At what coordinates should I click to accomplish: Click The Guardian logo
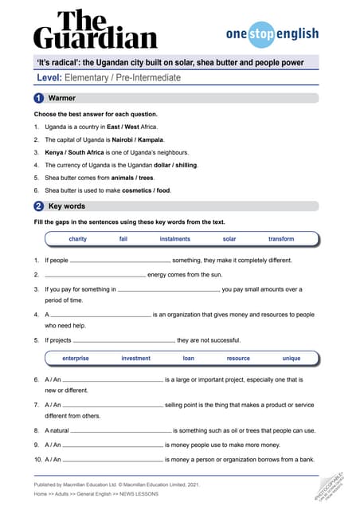click(95, 30)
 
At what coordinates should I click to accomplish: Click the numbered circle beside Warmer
click(38, 98)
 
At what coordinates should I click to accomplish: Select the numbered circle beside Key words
click(38, 206)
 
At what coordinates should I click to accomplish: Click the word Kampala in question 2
click(148, 139)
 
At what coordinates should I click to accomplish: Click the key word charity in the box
click(78, 239)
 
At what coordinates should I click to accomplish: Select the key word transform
click(281, 239)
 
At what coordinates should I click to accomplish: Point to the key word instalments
click(175, 239)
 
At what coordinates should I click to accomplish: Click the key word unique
click(291, 359)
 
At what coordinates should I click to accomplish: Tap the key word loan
click(188, 359)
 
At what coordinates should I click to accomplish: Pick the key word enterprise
click(76, 359)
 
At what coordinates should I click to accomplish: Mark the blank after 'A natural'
click(123, 431)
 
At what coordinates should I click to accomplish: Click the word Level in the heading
click(49, 78)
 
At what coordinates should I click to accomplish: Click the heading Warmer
click(62, 98)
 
